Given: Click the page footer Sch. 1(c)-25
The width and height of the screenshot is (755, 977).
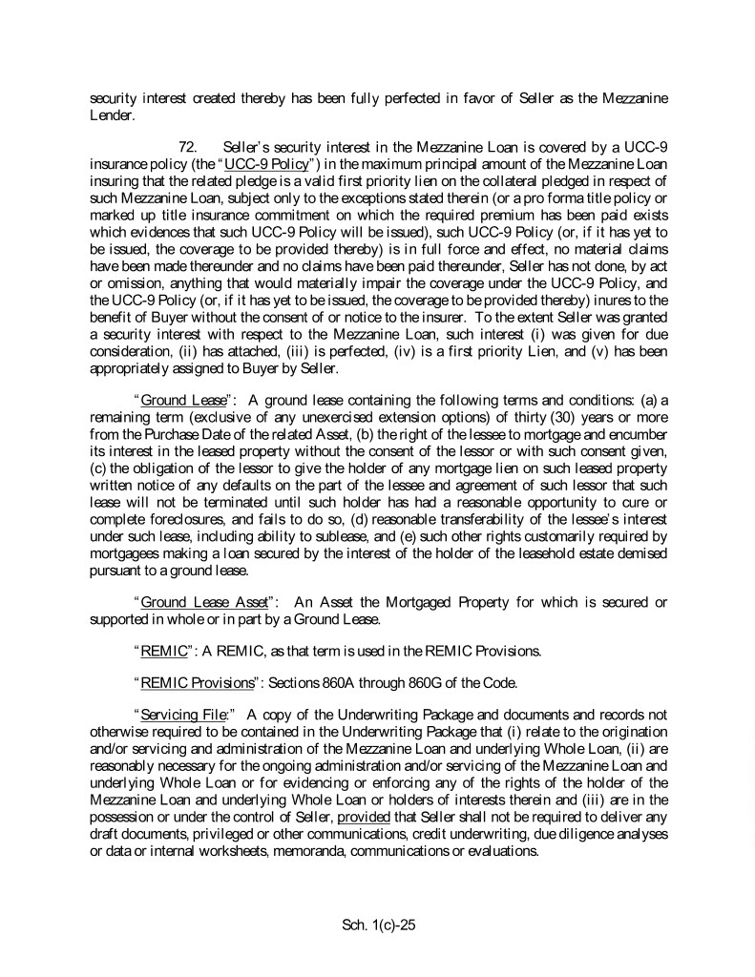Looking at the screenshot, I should pos(377,924).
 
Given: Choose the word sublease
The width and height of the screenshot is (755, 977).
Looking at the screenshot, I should pos(304,536).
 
